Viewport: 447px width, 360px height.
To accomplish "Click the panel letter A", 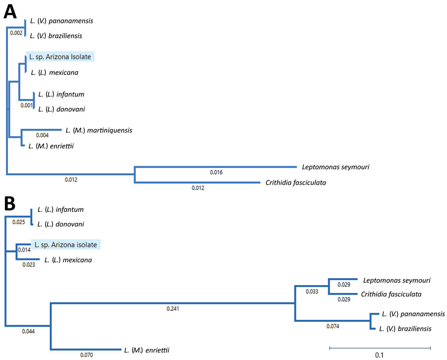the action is (x=10, y=12).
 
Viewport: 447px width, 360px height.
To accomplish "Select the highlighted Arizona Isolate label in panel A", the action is (x=60, y=57).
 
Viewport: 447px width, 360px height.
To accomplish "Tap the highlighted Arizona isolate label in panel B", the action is (x=66, y=245).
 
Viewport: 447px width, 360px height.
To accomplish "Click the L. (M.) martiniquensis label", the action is (x=99, y=130).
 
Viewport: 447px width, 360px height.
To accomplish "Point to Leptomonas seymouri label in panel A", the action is (x=336, y=167).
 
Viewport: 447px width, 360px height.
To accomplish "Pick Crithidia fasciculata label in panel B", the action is (x=391, y=294).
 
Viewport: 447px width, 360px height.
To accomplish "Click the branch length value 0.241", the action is (x=173, y=309).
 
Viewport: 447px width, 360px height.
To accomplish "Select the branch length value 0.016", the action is (x=216, y=172).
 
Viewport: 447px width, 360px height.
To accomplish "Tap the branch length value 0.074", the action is (x=333, y=326).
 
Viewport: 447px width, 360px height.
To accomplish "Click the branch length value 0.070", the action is (x=86, y=355).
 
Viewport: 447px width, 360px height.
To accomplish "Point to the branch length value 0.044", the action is (x=28, y=331).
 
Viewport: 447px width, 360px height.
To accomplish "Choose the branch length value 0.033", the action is (x=312, y=291).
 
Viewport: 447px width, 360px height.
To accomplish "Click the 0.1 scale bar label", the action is (x=379, y=355).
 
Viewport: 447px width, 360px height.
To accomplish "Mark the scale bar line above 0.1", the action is (x=380, y=348).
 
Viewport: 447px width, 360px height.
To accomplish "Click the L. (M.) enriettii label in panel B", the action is (x=147, y=350).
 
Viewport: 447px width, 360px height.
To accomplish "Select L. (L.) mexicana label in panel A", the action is (x=55, y=72).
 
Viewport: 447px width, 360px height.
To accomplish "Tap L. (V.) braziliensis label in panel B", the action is (x=405, y=329).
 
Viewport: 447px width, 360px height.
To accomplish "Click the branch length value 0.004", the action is (x=42, y=135).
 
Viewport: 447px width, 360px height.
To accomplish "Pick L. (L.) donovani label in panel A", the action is (x=62, y=109).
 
